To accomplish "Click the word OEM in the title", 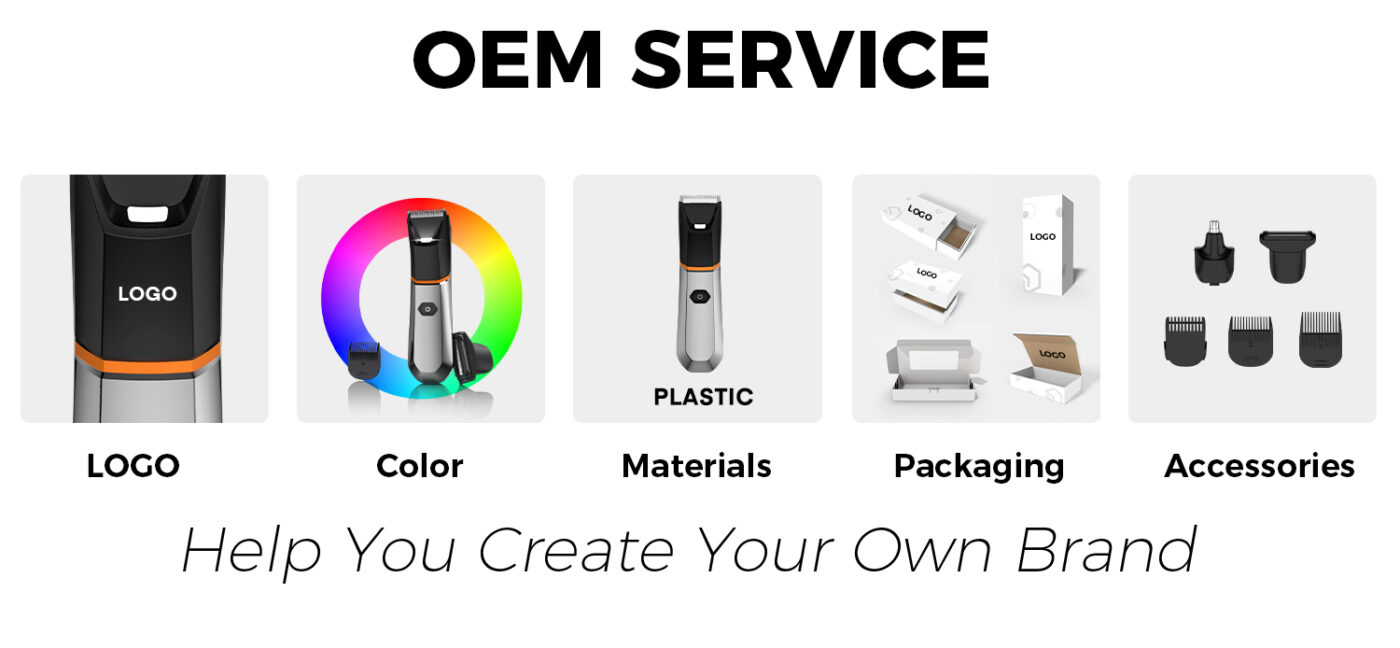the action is pos(507,59).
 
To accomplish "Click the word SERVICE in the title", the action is pos(811,59).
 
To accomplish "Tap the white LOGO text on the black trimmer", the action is pos(148,294).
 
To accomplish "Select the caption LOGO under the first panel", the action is pos(133,466).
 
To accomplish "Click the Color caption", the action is pos(420,466).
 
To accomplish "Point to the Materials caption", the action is pos(697,466).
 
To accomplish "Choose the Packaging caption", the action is pos(979,467).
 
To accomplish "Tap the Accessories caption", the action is pos(1259,466).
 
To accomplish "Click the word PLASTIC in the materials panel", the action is pos(703,397).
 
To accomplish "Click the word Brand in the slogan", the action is pos(1107,550).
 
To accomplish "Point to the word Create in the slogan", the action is pos(576,550).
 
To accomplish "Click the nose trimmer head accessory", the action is pos(1214,253).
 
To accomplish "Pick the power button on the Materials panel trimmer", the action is pos(700,297).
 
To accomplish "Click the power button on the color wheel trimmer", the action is pos(427,308).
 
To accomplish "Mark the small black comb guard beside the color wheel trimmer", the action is pos(364,359).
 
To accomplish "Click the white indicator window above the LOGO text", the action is pos(148,214).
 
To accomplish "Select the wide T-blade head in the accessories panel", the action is pos(1288,256).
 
